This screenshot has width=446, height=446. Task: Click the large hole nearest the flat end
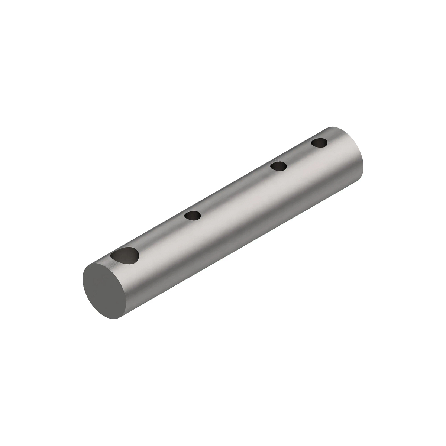(125, 256)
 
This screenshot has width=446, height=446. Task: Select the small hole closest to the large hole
(193, 216)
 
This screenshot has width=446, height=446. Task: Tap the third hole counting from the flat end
(278, 166)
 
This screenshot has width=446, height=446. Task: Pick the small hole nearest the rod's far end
(319, 143)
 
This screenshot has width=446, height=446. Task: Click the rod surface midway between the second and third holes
(236, 191)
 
